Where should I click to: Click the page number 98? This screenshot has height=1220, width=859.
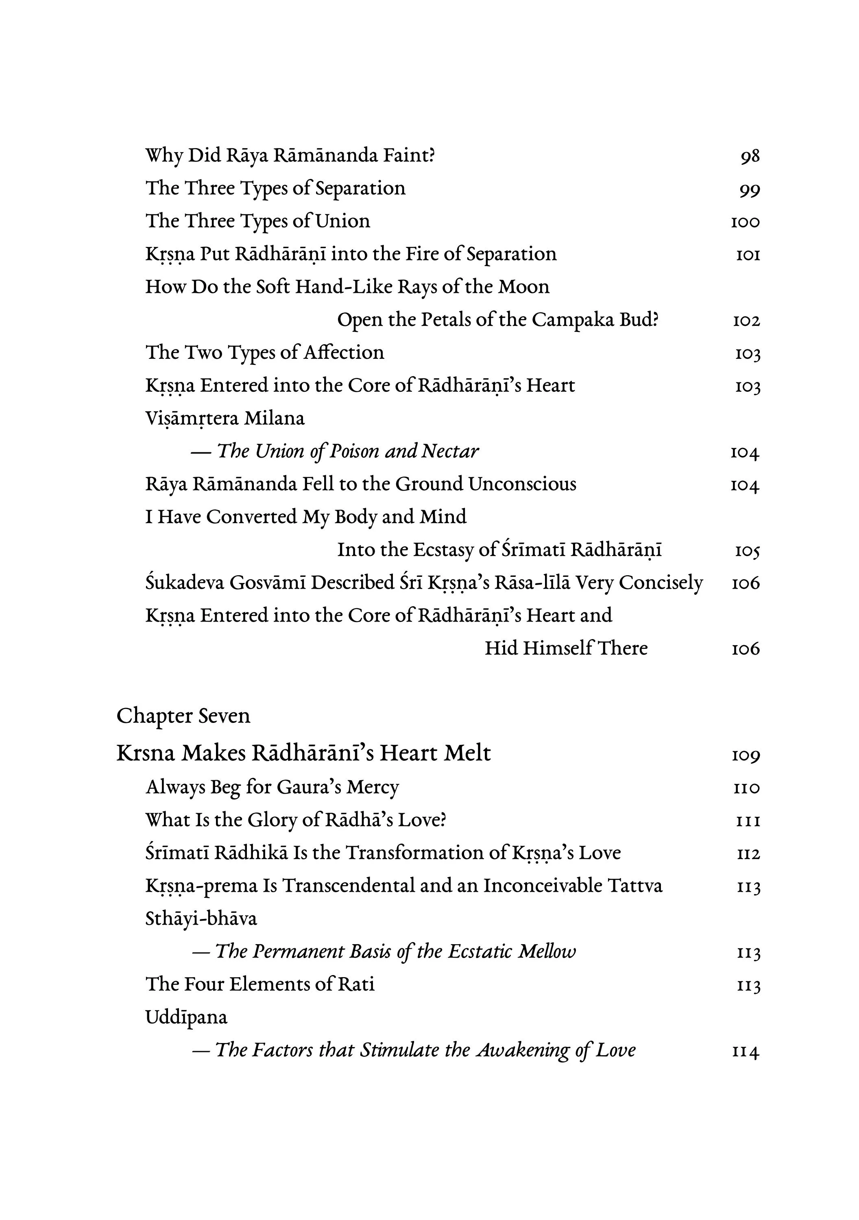(750, 156)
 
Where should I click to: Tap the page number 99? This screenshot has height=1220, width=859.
(750, 190)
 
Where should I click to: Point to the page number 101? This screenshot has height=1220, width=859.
(748, 255)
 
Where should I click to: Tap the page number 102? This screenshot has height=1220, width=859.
(746, 321)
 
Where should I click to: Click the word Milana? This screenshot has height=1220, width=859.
(274, 419)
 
